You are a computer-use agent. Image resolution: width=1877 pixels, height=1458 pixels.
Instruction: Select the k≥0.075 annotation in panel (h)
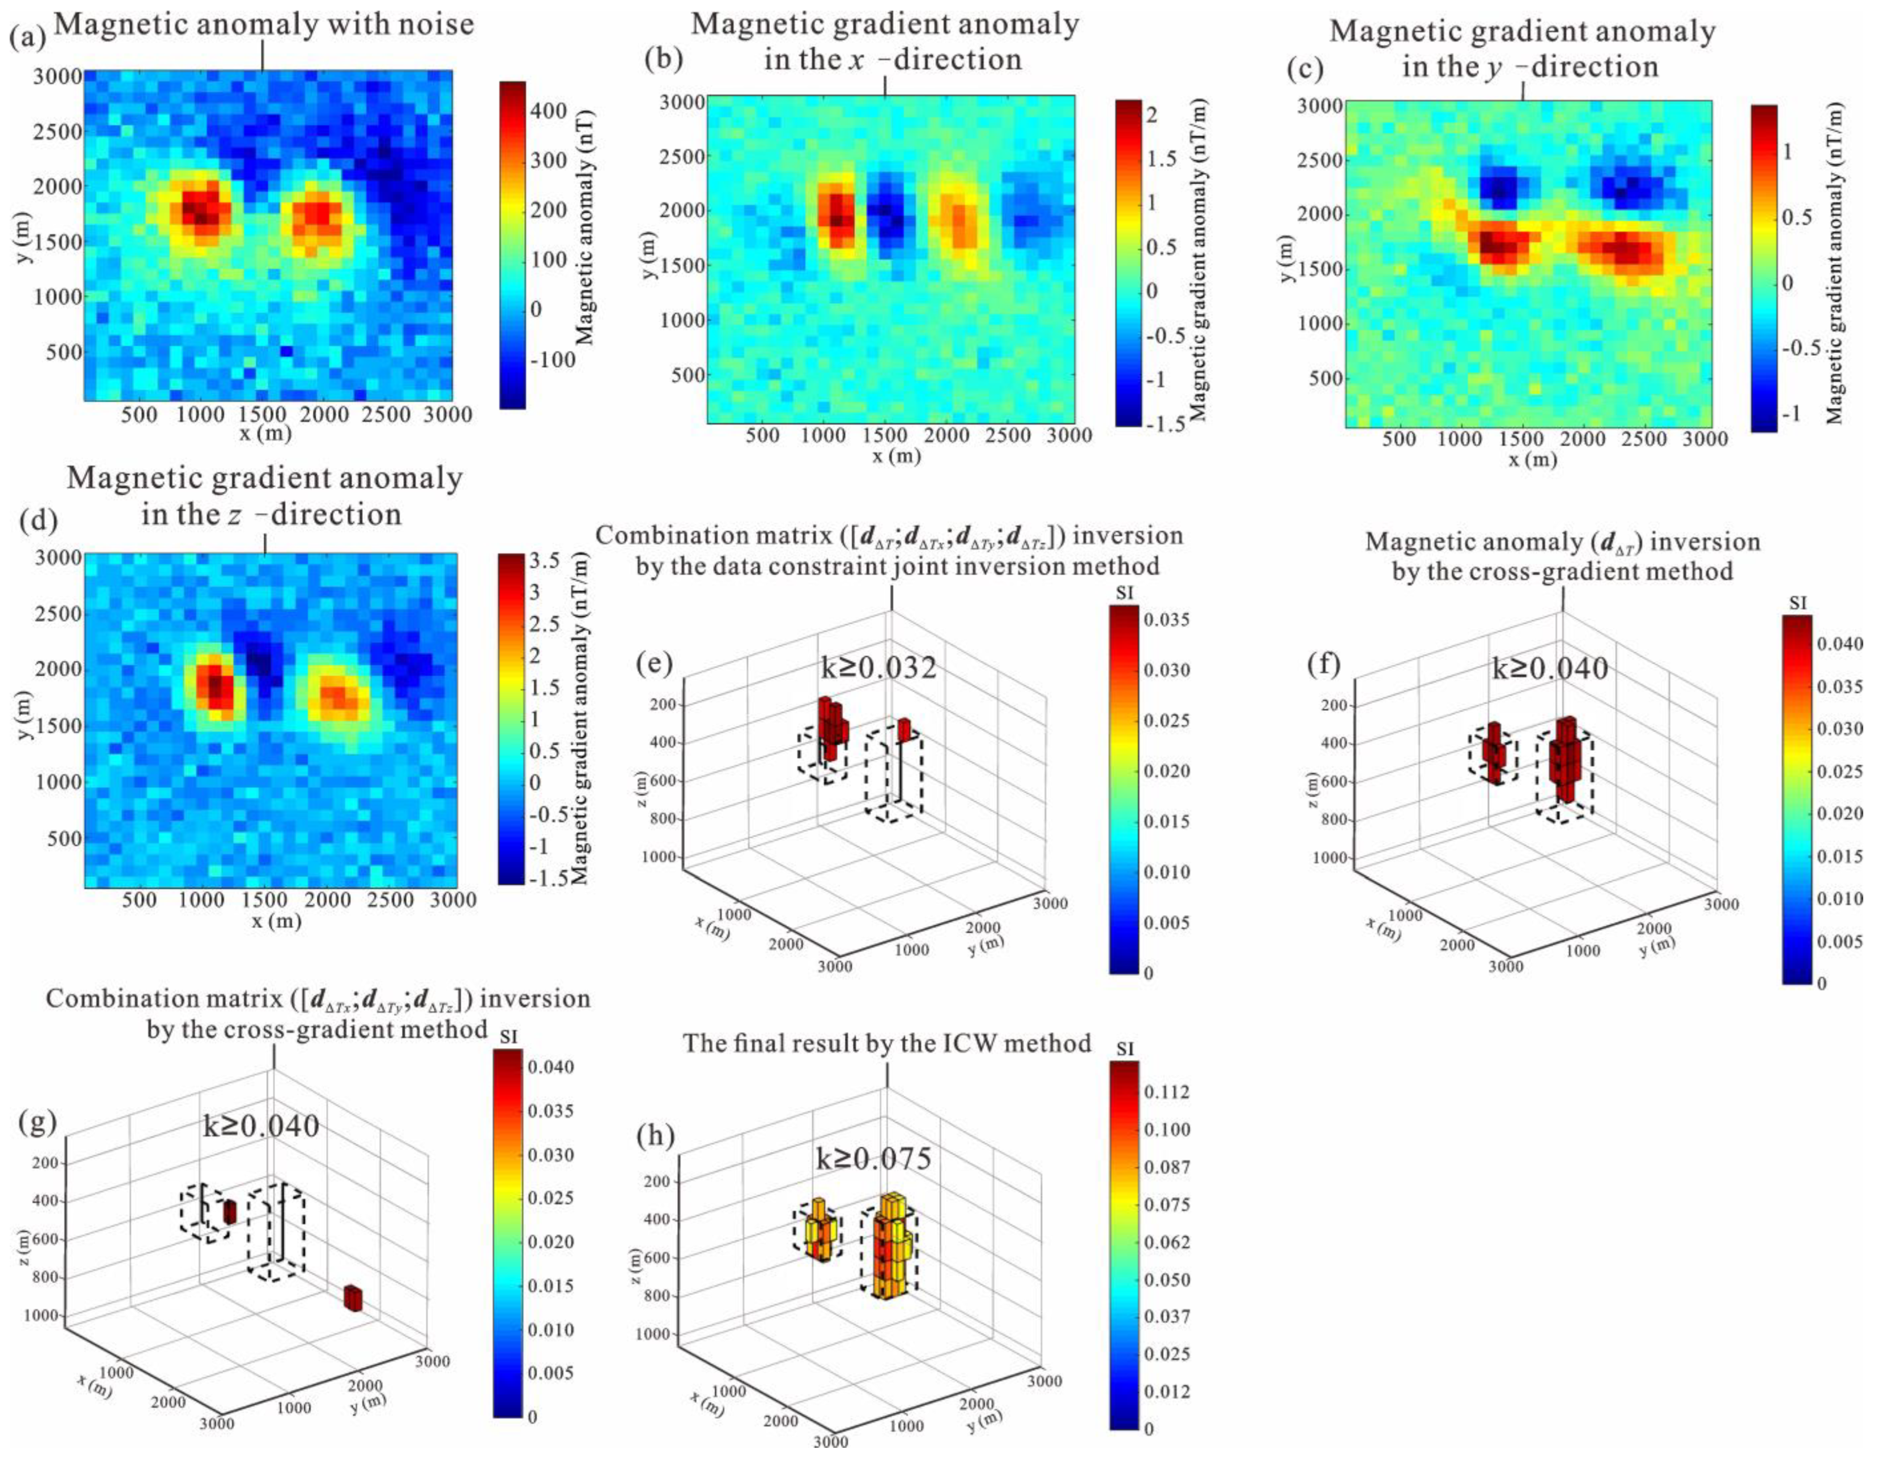pyautogui.click(x=873, y=1160)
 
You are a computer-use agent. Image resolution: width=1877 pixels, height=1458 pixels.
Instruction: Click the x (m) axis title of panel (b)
pyautogui.click(x=896, y=456)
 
